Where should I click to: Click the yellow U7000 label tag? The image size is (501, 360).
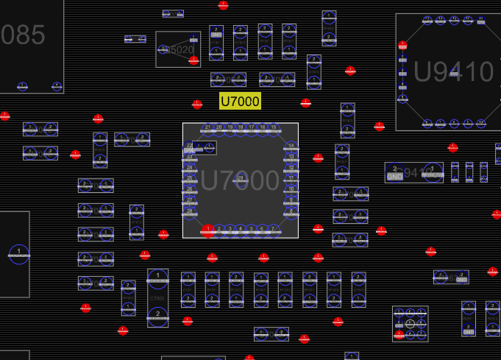(240, 101)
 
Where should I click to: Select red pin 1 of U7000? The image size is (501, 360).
(208, 230)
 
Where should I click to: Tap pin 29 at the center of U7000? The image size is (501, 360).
(240, 179)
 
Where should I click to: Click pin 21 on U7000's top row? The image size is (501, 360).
(208, 128)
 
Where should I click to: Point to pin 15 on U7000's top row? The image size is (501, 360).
(274, 128)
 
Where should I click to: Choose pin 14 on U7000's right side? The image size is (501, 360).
(291, 147)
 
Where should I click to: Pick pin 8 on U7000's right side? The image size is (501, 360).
(291, 212)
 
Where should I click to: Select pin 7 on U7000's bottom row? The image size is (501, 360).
(274, 230)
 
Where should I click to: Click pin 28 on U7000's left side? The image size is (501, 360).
(190, 212)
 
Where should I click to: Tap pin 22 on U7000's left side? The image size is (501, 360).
(190, 147)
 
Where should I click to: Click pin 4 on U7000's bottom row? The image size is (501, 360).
(241, 230)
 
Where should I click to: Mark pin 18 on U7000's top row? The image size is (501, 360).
(241, 128)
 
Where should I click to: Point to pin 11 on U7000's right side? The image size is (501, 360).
(291, 179)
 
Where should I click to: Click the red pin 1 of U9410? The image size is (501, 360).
(402, 46)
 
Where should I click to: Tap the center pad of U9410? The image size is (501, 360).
(454, 71)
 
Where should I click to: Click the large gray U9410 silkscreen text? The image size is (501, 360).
(454, 71)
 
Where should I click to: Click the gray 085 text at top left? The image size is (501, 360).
(24, 35)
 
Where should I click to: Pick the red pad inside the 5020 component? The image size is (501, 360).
(193, 60)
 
